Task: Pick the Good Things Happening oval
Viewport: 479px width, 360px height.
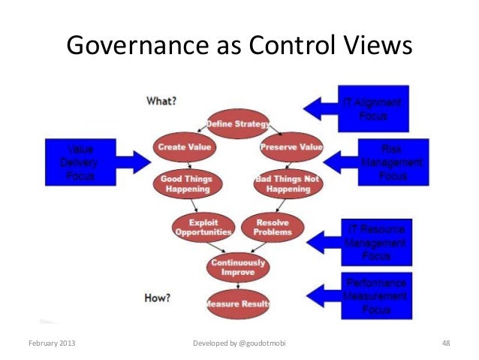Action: click(186, 184)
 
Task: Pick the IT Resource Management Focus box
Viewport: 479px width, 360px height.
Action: click(376, 242)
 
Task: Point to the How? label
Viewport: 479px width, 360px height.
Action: click(157, 298)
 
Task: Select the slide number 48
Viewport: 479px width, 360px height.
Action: click(446, 343)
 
